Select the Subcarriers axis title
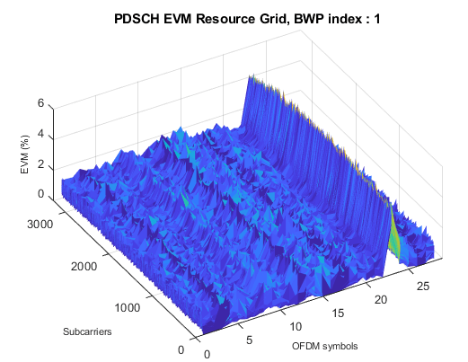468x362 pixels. [87, 332]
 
